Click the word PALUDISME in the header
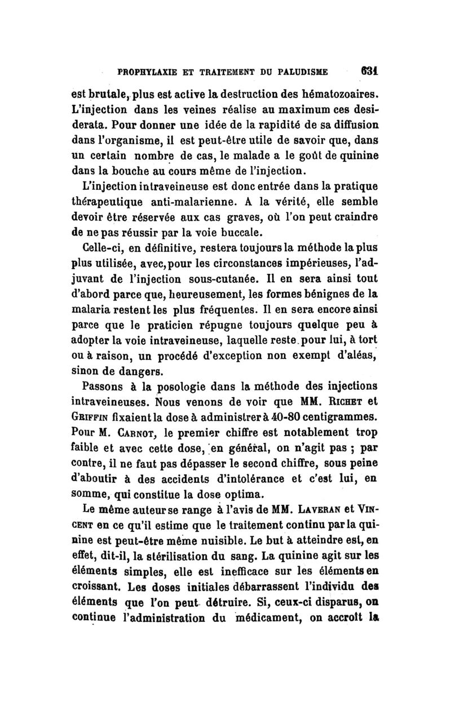(x=302, y=72)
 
